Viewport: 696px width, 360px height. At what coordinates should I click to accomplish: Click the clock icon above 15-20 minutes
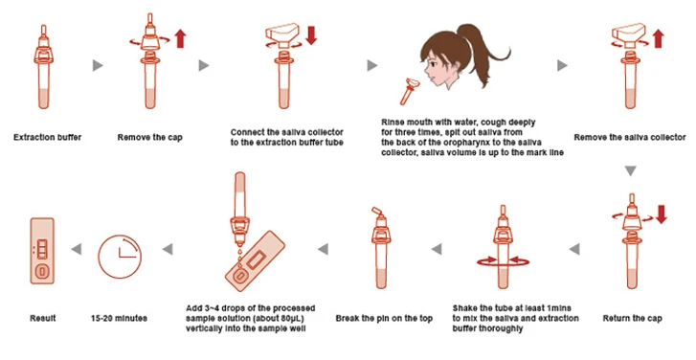[x=120, y=257]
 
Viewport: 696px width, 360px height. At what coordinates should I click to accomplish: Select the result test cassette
[x=42, y=250]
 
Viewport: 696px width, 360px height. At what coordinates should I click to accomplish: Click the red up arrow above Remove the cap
[x=180, y=38]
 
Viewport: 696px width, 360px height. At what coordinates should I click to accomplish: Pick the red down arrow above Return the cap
[x=661, y=214]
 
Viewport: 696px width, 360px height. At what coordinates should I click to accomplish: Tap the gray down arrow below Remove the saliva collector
[x=630, y=170]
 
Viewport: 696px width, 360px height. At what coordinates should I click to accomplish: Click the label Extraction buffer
[x=48, y=137]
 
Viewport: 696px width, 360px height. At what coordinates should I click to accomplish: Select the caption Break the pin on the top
[x=384, y=318]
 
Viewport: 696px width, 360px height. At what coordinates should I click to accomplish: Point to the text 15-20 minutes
[x=119, y=318]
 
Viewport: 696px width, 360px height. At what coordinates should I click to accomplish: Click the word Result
[x=43, y=318]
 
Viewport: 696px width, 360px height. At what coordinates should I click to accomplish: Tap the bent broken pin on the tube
[x=377, y=214]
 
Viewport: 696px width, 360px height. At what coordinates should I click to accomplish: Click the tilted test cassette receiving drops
[x=255, y=261]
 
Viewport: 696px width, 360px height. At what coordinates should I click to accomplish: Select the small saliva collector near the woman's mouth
[x=409, y=91]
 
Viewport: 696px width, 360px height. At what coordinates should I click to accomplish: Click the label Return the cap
[x=632, y=318]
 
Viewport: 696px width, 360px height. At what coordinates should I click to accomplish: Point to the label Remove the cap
[x=150, y=138]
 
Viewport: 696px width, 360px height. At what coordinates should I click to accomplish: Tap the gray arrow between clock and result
[x=77, y=249]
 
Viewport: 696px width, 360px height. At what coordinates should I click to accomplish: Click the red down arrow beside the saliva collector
[x=311, y=35]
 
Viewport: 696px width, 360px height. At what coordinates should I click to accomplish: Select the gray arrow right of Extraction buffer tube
[x=98, y=66]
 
